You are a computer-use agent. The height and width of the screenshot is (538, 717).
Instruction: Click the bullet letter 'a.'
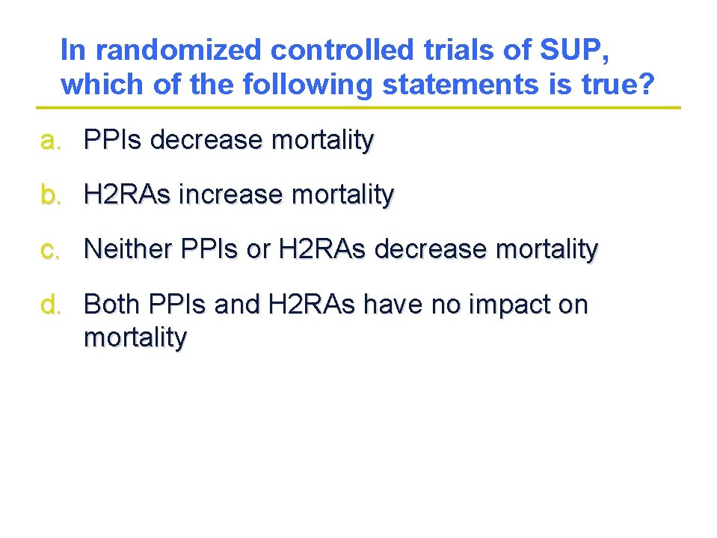pos(51,139)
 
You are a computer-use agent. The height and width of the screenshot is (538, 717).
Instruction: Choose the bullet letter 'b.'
pos(51,195)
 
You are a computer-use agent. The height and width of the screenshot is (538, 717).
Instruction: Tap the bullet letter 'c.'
pos(51,249)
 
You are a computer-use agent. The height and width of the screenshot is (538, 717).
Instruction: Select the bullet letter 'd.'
pos(51,305)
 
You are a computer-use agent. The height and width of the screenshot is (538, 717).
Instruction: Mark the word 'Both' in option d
pos(113,305)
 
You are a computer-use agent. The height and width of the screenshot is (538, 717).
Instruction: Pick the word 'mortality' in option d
pos(135,338)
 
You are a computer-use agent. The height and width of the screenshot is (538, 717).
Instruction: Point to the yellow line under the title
pos(359,108)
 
